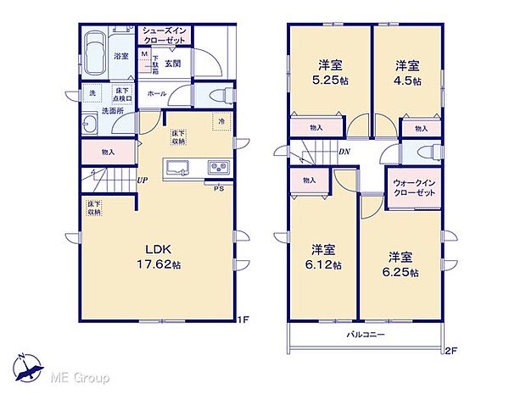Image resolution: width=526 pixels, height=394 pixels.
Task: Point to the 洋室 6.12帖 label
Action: [325, 258]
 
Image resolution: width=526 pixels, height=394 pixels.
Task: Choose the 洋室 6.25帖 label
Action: [404, 264]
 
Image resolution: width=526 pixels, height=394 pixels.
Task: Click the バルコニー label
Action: [366, 334]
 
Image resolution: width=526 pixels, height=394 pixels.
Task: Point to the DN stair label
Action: [344, 153]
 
